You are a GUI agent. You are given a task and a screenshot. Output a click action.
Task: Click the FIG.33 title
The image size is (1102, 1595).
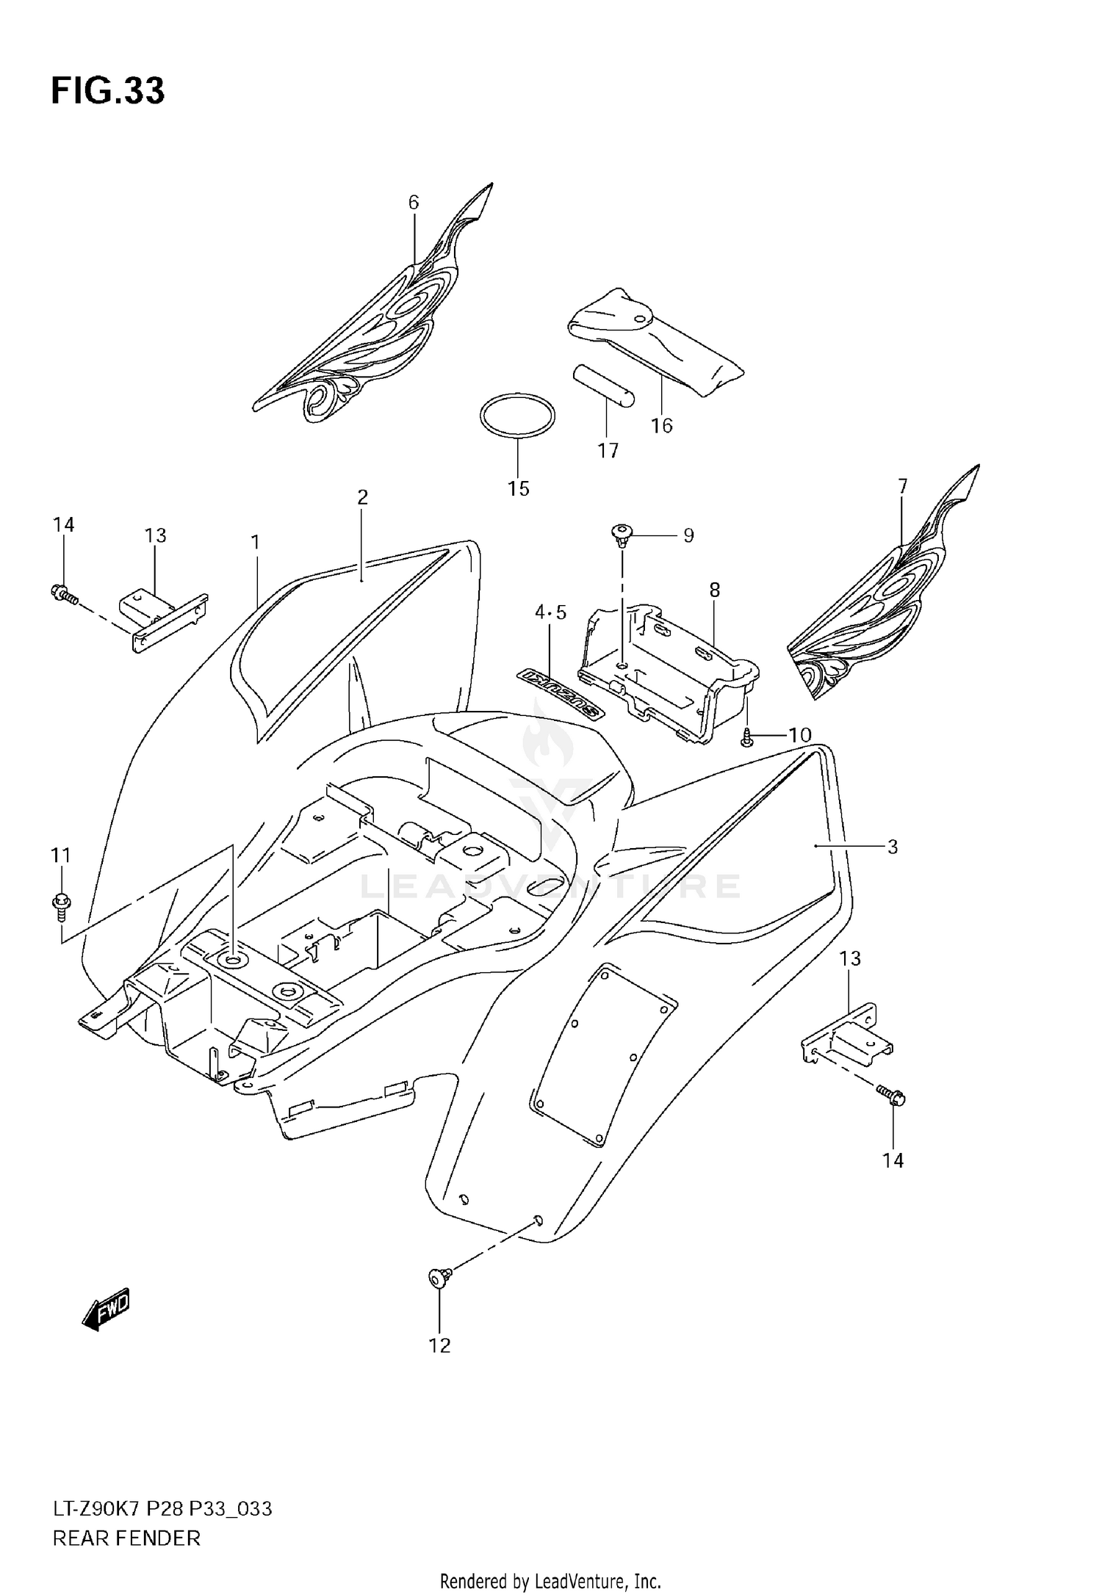click(108, 91)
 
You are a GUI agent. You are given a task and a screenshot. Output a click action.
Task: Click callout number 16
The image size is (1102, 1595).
click(661, 425)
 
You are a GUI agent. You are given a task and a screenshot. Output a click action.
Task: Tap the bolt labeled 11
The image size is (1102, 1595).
click(61, 903)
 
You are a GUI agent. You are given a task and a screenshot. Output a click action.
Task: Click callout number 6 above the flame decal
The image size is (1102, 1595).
click(414, 202)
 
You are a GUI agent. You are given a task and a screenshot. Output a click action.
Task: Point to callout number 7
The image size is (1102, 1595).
click(902, 486)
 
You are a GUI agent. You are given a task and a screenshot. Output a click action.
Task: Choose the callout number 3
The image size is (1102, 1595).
click(893, 847)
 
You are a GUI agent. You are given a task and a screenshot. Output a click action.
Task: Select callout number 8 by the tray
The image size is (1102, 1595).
click(714, 590)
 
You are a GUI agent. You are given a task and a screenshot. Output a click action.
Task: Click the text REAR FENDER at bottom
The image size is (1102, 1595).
click(126, 1538)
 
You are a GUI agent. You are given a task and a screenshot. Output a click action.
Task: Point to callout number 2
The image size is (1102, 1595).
click(362, 497)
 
